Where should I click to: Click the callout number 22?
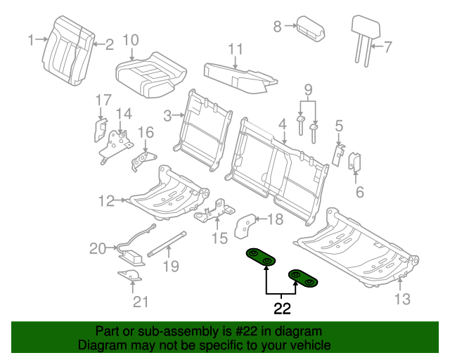click(x=281, y=307)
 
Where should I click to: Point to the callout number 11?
click(x=235, y=49)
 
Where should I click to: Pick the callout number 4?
click(x=282, y=124)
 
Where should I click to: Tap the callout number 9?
click(x=307, y=89)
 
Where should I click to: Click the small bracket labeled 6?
click(x=355, y=163)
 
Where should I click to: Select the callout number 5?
click(x=339, y=127)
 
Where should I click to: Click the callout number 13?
click(x=401, y=300)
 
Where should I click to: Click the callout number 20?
click(x=97, y=247)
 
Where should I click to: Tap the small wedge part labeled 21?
click(x=129, y=274)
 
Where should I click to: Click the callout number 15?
click(x=221, y=238)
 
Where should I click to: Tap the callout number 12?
click(x=105, y=202)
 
